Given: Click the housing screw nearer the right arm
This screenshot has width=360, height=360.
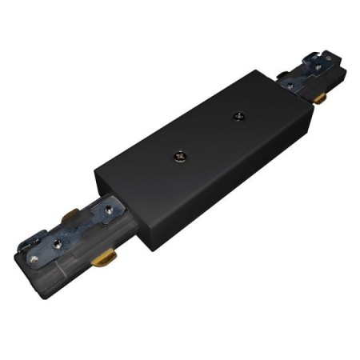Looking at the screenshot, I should (x=238, y=117).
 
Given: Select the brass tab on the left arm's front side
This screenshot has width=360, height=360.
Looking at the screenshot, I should (x=102, y=260).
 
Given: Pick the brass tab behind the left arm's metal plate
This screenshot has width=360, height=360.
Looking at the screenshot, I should (x=71, y=216).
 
